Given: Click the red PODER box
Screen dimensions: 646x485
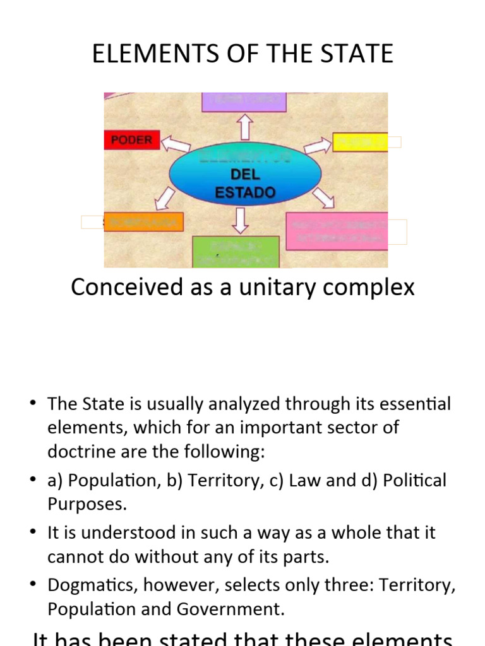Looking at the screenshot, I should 131,139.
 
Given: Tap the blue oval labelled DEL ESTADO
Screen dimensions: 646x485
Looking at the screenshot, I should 246,177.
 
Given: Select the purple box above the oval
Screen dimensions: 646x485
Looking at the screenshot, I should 244,102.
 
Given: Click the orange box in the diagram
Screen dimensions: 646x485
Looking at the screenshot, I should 143,222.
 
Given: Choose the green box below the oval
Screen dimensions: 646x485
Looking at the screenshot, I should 236,252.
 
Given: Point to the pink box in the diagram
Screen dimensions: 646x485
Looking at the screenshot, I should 337,231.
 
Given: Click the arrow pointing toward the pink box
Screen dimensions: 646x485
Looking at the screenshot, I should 323,197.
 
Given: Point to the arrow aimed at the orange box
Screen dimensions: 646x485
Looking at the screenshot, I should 165,198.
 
